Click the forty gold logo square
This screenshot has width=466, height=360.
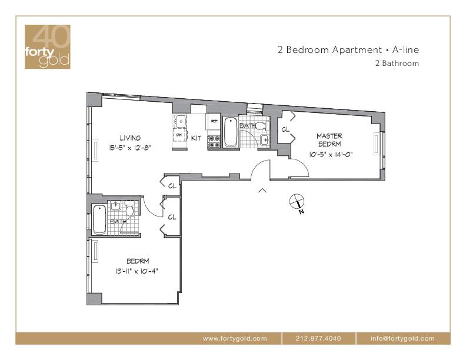tap(48, 46)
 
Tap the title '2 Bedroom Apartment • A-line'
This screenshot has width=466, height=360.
tap(348, 49)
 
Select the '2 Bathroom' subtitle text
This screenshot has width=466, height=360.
tap(397, 64)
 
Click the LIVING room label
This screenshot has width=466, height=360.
tap(130, 138)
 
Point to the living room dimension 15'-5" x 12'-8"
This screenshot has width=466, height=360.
tap(131, 148)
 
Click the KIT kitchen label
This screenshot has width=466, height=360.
tap(196, 138)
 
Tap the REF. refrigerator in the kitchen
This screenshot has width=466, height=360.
tap(214, 122)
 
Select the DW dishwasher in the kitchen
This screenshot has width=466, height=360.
tap(180, 135)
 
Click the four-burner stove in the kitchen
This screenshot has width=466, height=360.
tap(214, 141)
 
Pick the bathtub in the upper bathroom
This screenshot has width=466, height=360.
tap(230, 132)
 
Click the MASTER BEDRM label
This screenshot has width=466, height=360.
tap(329, 140)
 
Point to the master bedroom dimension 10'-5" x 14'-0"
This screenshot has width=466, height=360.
tap(331, 155)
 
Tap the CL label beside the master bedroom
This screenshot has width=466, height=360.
tap(285, 129)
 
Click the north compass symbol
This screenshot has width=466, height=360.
tap(297, 202)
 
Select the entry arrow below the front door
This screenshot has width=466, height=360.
tap(262, 191)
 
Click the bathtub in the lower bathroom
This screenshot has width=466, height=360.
tap(99, 219)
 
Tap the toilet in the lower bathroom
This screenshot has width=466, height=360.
tap(129, 209)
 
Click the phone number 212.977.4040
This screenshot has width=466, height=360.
tap(318, 338)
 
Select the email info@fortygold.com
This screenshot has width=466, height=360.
tap(402, 338)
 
